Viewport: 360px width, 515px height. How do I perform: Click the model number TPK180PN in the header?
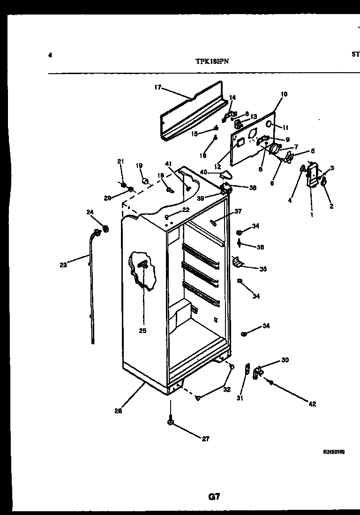click(213, 61)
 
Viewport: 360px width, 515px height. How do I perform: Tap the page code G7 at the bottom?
click(213, 497)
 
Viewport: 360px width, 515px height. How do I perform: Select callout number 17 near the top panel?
click(157, 87)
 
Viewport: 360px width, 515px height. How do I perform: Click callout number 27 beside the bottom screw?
click(206, 439)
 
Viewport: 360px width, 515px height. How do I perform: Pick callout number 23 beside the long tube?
click(63, 265)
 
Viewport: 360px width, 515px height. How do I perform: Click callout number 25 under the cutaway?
click(142, 331)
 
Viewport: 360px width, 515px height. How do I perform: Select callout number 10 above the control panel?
click(284, 94)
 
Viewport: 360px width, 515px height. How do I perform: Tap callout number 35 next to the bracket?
click(263, 269)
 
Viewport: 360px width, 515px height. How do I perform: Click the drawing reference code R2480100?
click(334, 452)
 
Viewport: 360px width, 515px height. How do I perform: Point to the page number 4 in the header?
click(50, 55)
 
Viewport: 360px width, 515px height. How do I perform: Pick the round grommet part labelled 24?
click(105, 229)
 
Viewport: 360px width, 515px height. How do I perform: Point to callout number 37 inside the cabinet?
click(238, 212)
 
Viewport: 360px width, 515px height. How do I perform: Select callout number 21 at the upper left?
click(120, 162)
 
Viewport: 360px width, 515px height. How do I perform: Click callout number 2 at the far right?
click(331, 206)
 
